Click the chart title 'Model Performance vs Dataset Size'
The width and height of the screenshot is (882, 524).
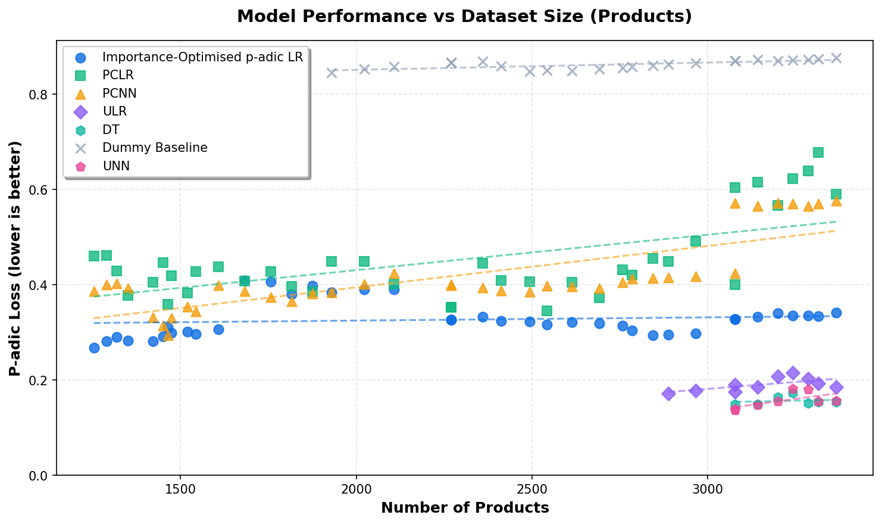(x=464, y=16)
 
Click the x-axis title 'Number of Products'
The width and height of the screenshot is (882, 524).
(x=464, y=508)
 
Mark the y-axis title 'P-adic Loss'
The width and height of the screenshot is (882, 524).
(x=15, y=258)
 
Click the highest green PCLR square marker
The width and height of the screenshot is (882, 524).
(x=818, y=152)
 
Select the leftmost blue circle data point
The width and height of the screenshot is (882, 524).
(x=94, y=348)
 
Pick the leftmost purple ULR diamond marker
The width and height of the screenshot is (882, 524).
(x=668, y=394)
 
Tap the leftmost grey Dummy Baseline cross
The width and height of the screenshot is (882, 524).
(x=331, y=73)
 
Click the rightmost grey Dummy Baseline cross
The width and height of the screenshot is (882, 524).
(x=836, y=58)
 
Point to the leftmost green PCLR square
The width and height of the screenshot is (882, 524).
(x=94, y=256)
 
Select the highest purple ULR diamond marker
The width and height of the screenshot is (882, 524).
(x=793, y=373)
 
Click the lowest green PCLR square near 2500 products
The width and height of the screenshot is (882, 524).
(x=547, y=311)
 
